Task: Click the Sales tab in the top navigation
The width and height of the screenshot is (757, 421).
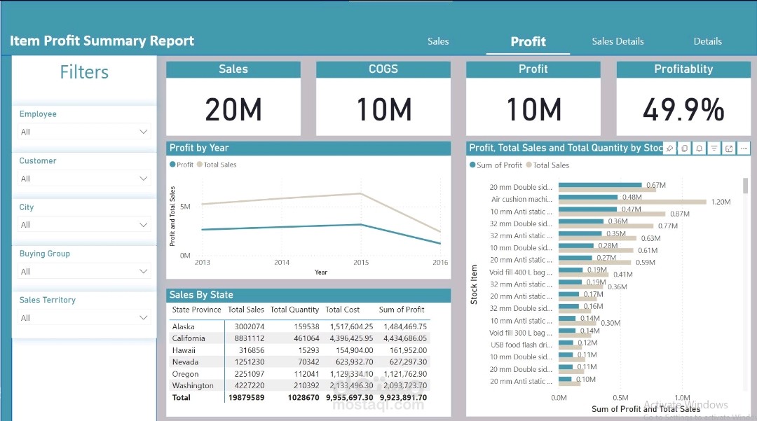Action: coord(438,41)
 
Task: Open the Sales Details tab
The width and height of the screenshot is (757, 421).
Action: coord(618,41)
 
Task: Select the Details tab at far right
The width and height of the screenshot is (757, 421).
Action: coord(707,41)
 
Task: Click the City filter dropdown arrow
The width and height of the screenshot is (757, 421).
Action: coord(144,225)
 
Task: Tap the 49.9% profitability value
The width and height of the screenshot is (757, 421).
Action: coord(683,110)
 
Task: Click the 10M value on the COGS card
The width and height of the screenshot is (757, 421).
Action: coord(383,110)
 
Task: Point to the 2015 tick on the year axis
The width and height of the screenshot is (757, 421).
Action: coord(360,263)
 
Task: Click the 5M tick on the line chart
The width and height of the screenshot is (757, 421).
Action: coord(185,207)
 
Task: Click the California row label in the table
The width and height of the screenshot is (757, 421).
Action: coord(189,338)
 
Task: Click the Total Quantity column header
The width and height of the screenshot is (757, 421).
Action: coord(294,310)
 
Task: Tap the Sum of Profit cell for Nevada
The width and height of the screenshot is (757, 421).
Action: coord(403,362)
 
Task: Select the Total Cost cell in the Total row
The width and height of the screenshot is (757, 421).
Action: coord(349,397)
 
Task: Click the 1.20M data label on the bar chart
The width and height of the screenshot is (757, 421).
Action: coord(721,202)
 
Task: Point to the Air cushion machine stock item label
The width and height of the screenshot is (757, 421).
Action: coord(522,200)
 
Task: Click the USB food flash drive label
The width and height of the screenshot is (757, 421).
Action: coord(521,345)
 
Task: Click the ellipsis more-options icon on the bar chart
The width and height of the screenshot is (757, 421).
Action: coord(744,149)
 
